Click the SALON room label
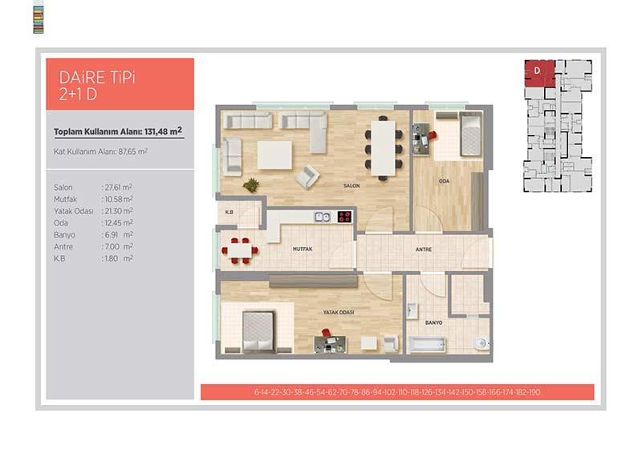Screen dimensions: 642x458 pyautogui.click(x=351, y=186)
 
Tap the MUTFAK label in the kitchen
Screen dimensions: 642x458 pyautogui.click(x=303, y=249)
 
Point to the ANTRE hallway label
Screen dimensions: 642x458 pyautogui.click(x=424, y=249)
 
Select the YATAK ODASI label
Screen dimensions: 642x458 pyautogui.click(x=339, y=312)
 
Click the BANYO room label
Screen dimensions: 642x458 pyautogui.click(x=433, y=322)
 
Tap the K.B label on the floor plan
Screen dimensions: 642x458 pyautogui.click(x=230, y=212)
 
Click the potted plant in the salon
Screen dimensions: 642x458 pyautogui.click(x=251, y=185)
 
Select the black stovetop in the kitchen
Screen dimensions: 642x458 pyautogui.click(x=344, y=217)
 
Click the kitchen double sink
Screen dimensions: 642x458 pyautogui.click(x=323, y=217)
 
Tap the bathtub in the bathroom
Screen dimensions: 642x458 pyautogui.click(x=427, y=344)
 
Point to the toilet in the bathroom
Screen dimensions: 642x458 pyautogui.click(x=481, y=343)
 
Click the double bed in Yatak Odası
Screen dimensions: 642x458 pyautogui.click(x=258, y=331)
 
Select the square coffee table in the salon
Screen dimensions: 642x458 pyautogui.click(x=274, y=155)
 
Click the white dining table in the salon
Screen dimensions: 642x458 pyautogui.click(x=384, y=148)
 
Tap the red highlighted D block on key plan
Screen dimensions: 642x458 pyautogui.click(x=539, y=73)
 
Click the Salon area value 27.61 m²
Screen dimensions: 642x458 pyautogui.click(x=117, y=188)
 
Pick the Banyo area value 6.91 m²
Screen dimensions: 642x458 pyautogui.click(x=117, y=235)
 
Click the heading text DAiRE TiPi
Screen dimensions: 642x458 pyautogui.click(x=97, y=77)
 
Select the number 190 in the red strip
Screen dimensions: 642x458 pyautogui.click(x=534, y=392)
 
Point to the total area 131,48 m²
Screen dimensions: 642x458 pyautogui.click(x=163, y=132)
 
